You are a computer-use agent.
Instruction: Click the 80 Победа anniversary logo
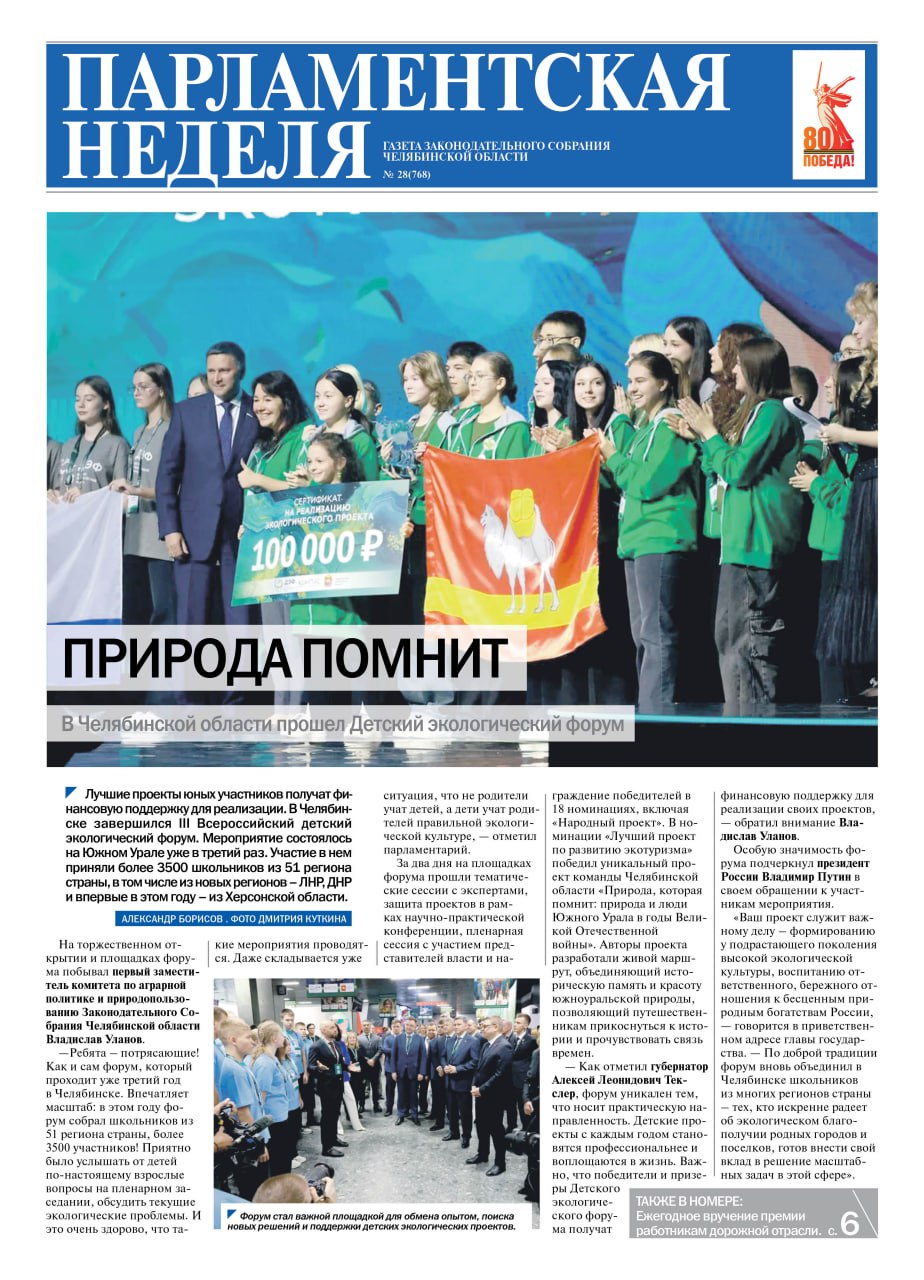(829, 115)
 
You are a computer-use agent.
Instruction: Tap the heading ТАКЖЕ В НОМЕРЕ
(689, 1200)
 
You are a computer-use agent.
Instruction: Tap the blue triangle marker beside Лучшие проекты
(71, 793)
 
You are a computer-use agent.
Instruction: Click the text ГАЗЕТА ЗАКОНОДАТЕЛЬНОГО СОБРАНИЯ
(497, 146)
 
